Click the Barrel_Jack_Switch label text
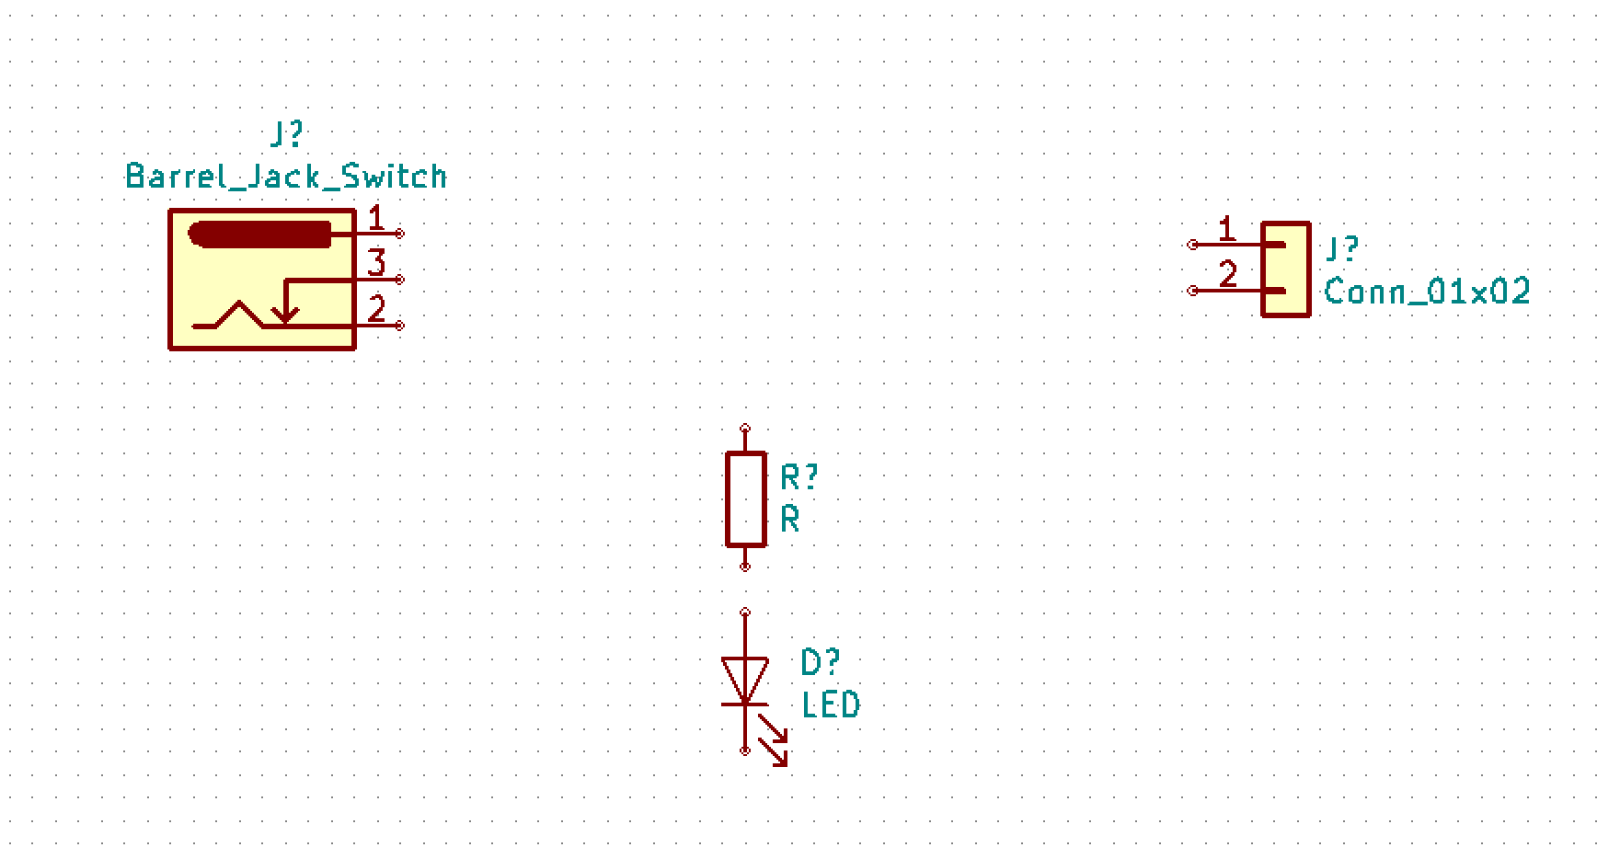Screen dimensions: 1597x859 click(x=286, y=176)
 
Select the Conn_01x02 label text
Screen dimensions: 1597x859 click(x=1427, y=292)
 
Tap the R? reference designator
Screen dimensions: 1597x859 click(x=798, y=477)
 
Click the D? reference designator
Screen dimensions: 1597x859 click(x=820, y=661)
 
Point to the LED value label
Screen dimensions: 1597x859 click(x=831, y=704)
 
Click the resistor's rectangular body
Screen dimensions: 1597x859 click(x=745, y=499)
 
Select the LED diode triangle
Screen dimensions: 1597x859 click(x=744, y=680)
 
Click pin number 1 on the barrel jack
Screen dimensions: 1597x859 click(x=375, y=218)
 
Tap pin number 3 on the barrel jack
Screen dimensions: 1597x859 click(x=376, y=263)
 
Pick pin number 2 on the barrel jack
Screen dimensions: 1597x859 click(x=376, y=309)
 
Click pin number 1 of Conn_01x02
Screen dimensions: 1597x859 click(x=1226, y=228)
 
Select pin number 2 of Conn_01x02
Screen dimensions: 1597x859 click(x=1228, y=274)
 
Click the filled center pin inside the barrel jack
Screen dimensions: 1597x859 click(x=259, y=235)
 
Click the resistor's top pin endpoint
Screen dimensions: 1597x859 click(x=745, y=429)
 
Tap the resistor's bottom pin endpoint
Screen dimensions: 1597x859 click(x=745, y=567)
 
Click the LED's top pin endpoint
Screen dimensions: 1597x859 click(x=745, y=613)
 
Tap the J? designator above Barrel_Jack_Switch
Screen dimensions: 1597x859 click(x=286, y=135)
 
